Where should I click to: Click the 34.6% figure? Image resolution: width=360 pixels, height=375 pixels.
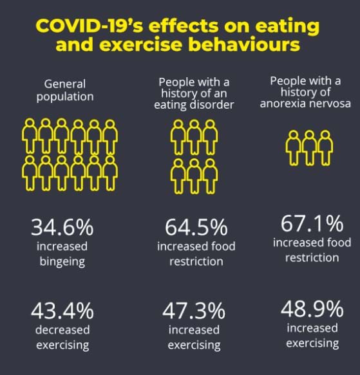[x=62, y=228]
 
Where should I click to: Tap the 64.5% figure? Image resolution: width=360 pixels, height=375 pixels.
[x=196, y=228]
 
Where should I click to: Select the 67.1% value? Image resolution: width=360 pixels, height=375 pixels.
[x=312, y=224]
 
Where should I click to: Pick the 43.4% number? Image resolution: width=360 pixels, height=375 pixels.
[x=62, y=312]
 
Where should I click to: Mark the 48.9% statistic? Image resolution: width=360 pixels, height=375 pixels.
[x=312, y=309]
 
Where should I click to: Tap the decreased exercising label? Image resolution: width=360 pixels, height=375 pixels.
[x=62, y=338]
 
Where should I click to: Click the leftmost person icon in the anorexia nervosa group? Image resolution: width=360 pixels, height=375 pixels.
[x=294, y=147]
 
